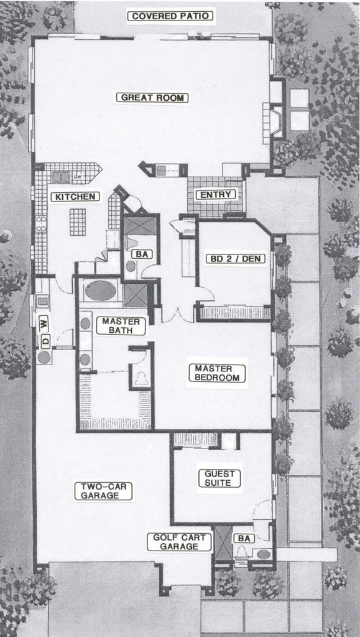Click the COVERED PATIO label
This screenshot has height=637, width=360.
pos(170,16)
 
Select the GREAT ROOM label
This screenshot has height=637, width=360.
pos(154,98)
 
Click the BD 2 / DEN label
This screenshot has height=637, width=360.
pos(234,258)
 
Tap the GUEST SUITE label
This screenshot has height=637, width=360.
pos(219,478)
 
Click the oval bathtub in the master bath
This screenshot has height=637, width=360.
pos(100,291)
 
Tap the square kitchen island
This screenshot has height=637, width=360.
pos(77,221)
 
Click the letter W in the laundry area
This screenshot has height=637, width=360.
pos(44,322)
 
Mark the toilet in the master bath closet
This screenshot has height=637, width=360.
pos(141,377)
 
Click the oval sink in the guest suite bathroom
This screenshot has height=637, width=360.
pos(264,554)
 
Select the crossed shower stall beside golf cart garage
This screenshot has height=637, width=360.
pos(222,543)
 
